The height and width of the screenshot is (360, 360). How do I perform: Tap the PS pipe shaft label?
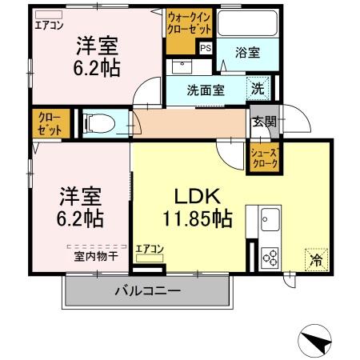click(206, 48)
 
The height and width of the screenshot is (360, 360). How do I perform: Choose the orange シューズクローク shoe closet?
click(265, 159)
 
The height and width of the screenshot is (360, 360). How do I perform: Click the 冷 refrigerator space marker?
click(316, 260)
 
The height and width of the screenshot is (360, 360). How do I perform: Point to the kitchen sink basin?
click(269, 218)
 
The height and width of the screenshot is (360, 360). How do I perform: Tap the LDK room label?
click(192, 196)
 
